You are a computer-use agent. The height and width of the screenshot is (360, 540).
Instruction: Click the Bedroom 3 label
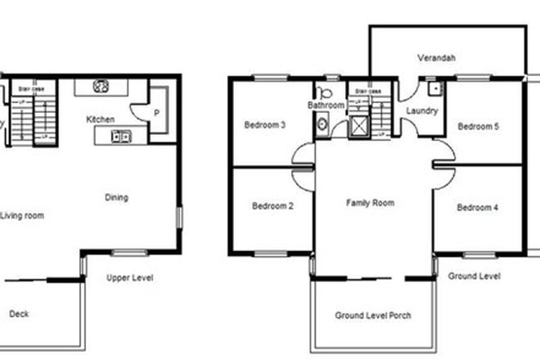pyautogui.click(x=265, y=125)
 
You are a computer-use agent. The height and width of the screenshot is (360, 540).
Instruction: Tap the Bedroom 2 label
pyautogui.click(x=272, y=206)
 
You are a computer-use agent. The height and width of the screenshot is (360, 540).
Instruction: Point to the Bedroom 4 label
pyautogui.click(x=478, y=207)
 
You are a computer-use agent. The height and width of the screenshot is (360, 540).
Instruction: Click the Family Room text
pyautogui.click(x=370, y=202)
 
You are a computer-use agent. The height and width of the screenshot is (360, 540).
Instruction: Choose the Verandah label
pyautogui.click(x=436, y=58)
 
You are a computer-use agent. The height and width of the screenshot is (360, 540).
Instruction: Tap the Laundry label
pyautogui.click(x=421, y=110)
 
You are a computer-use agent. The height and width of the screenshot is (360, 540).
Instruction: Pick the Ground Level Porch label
pyautogui.click(x=373, y=316)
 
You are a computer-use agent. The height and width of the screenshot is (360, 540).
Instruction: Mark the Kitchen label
pyautogui.click(x=101, y=119)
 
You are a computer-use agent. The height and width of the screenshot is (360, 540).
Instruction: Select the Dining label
pyautogui.click(x=117, y=197)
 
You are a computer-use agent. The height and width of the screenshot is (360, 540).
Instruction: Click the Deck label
pyautogui.click(x=18, y=314)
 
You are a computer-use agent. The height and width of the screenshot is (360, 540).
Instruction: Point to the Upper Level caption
pyautogui.click(x=130, y=278)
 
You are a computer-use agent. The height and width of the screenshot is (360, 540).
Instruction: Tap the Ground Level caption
pyautogui.click(x=475, y=277)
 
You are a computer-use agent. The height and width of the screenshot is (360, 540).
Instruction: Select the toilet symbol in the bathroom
pyautogui.click(x=324, y=92)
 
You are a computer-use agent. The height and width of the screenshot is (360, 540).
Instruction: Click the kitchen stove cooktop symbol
pyautogui.click(x=101, y=85)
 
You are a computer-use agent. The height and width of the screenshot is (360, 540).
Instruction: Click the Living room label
pyautogui.click(x=22, y=216)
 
